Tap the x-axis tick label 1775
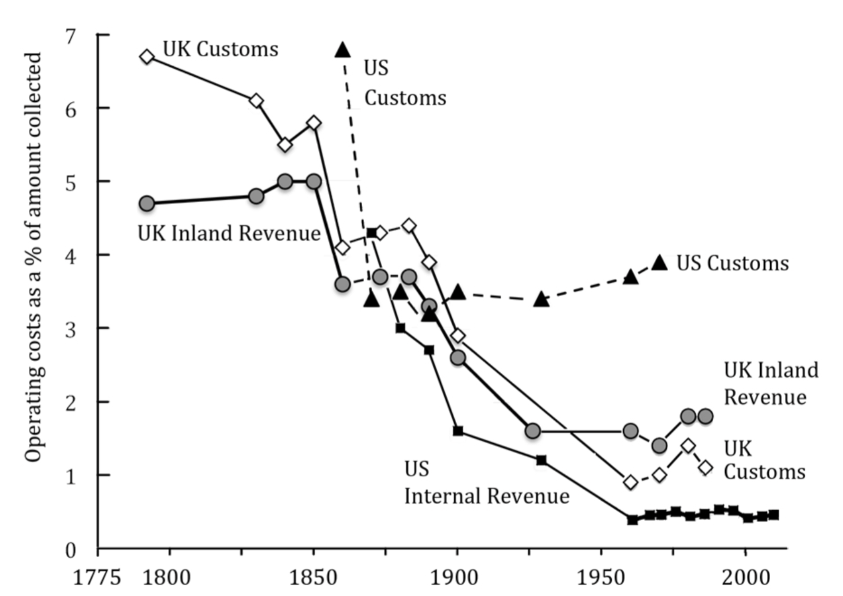pos(96,577)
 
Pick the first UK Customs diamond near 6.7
pos(146,57)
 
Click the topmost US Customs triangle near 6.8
pos(342,50)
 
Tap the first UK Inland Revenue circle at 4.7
pos(146,203)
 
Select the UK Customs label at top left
pos(220,49)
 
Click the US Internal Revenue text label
pos(486,483)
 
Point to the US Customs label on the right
pos(732,263)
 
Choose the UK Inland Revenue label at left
pos(229,233)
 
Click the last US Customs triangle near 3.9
pos(659,262)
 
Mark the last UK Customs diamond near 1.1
pos(705,468)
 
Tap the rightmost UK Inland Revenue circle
pos(705,416)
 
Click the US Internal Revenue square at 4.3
pos(371,233)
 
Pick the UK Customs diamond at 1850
pos(314,123)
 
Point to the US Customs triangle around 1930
pos(541,300)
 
